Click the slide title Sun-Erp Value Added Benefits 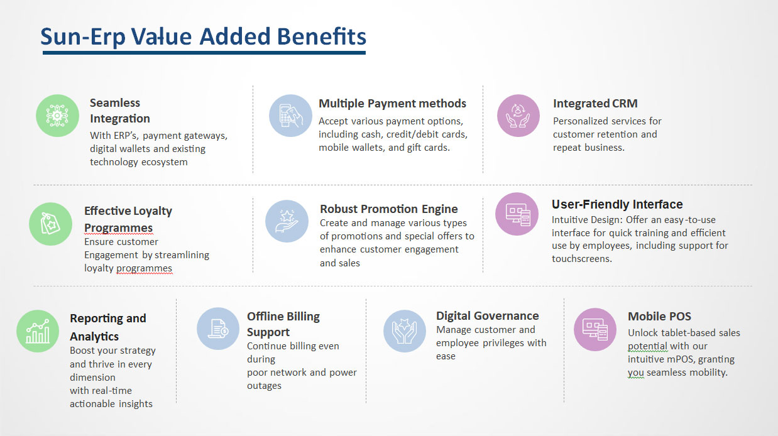(203, 36)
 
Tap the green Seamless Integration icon (57, 116)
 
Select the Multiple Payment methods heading (392, 104)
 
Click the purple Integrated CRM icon (518, 116)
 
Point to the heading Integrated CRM (595, 104)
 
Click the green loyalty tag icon (51, 224)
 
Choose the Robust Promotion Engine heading (388, 209)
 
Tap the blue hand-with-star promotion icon (287, 221)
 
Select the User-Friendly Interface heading (617, 204)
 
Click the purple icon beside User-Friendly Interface (517, 214)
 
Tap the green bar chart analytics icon (38, 331)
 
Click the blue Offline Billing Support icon (218, 329)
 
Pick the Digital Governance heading (487, 316)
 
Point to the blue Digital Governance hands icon (405, 331)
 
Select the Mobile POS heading (659, 317)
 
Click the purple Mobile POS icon (595, 329)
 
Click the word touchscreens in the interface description (582, 259)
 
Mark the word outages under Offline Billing (264, 386)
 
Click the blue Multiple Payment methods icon (290, 116)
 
